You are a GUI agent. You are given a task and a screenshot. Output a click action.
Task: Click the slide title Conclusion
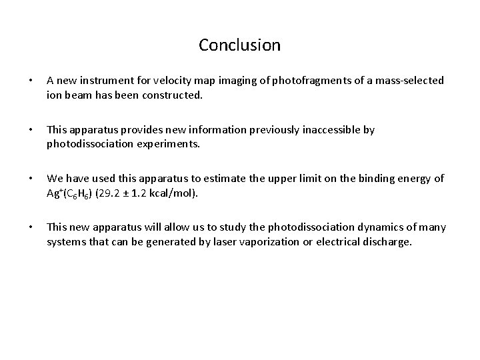pos(239,45)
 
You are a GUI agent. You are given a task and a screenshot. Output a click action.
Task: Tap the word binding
pos(373,180)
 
